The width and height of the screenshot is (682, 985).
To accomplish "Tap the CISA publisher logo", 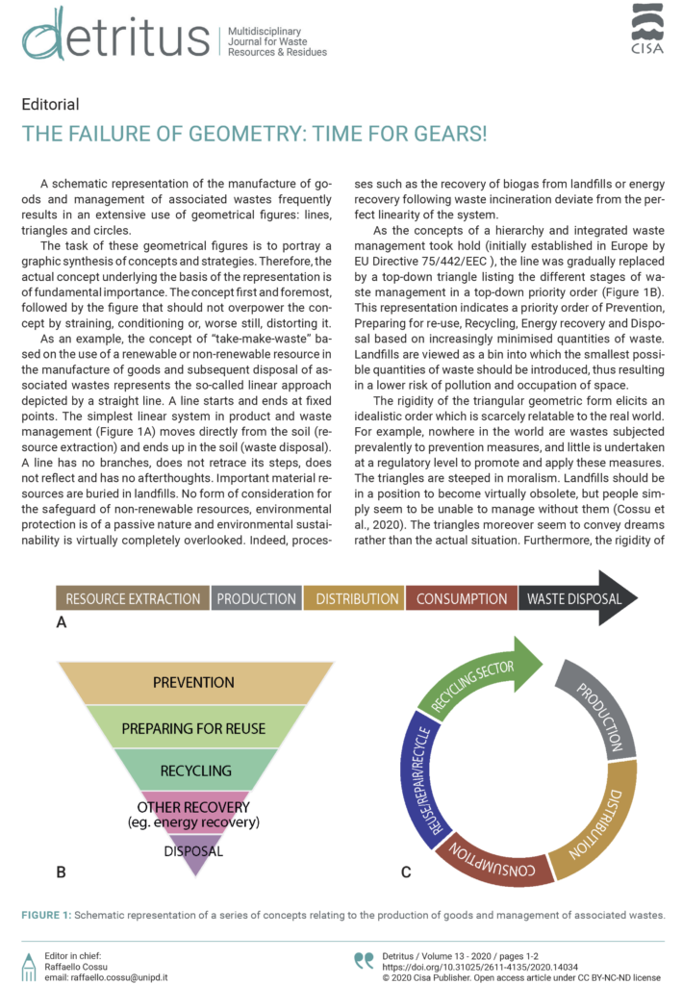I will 646,28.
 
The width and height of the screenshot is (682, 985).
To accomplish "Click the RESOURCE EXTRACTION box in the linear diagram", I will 132,598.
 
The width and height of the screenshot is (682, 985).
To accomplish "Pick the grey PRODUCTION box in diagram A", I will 256,598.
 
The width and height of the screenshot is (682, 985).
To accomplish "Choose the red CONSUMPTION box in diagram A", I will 462,598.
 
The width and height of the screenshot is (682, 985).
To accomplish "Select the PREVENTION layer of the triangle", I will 192,683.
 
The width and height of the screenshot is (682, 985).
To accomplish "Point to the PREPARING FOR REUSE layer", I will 192,729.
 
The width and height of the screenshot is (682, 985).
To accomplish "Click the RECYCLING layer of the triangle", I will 194,770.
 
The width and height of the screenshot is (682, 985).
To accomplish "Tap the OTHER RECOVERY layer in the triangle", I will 194,813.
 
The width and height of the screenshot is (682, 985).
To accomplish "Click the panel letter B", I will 61,872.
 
